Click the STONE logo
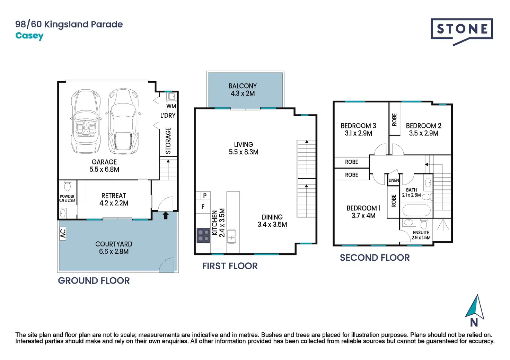(x=462, y=31)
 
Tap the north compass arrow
(x=475, y=307)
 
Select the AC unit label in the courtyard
(x=63, y=234)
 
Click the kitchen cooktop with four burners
(x=203, y=235)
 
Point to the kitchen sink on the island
(x=231, y=236)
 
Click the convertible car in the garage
(x=86, y=121)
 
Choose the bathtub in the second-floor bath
(x=416, y=210)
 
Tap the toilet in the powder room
(x=67, y=186)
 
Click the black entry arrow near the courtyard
(x=166, y=215)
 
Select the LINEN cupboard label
(x=394, y=180)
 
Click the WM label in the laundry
(x=171, y=106)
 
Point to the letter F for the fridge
(x=203, y=207)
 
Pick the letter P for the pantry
(x=205, y=196)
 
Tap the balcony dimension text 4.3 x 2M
(x=243, y=93)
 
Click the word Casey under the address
(x=29, y=36)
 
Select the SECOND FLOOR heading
(x=375, y=258)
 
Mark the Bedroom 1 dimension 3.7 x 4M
(x=363, y=216)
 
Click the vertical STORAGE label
(x=168, y=141)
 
